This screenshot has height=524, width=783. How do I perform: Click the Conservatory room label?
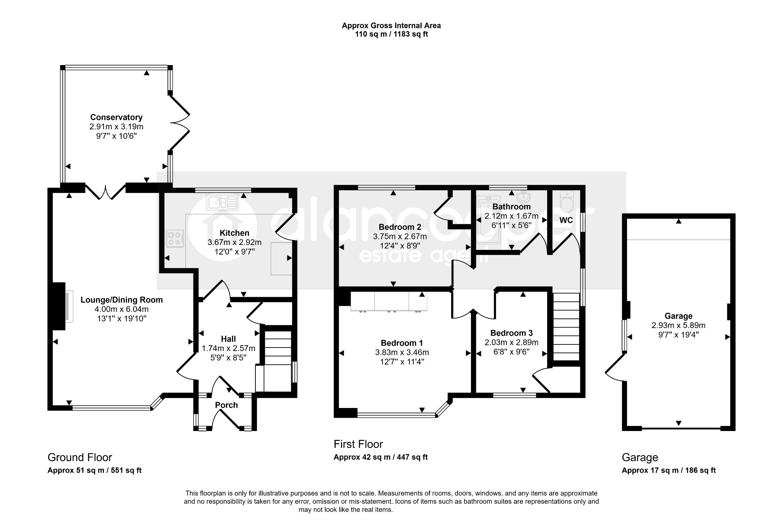[x=116, y=118]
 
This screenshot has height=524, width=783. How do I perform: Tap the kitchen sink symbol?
[x=222, y=202]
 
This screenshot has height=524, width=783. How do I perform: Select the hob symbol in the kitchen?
[x=175, y=238]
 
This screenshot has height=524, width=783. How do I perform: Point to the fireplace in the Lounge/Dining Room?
[x=61, y=306]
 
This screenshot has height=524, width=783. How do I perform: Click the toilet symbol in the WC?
[x=566, y=202]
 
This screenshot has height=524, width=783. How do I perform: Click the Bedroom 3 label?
[x=512, y=333]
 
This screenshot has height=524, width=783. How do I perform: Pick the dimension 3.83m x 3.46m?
[x=402, y=352]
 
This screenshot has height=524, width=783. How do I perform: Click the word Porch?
[x=226, y=405]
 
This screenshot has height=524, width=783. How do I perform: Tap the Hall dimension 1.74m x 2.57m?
[x=228, y=348]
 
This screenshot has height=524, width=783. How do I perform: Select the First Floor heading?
[x=358, y=444]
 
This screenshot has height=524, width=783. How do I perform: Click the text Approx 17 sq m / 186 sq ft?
[x=669, y=470]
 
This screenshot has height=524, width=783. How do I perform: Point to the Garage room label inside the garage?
[x=678, y=316]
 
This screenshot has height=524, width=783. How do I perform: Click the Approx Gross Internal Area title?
[x=391, y=26]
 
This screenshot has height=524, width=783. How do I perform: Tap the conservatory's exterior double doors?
[x=180, y=122]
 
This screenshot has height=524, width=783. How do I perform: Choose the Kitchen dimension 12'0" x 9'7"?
[x=234, y=251]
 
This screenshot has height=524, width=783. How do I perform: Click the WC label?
[x=566, y=220]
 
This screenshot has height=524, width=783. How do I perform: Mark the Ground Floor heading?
[x=80, y=457]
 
